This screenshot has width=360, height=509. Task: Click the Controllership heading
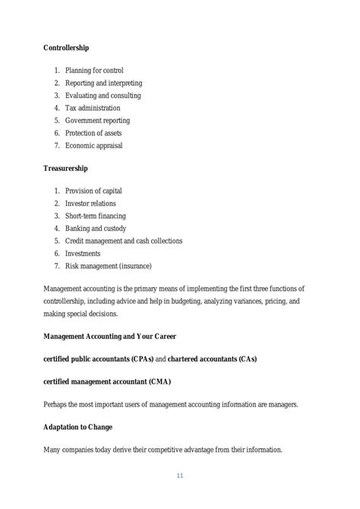pos(66,48)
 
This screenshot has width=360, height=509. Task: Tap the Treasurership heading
pos(66,169)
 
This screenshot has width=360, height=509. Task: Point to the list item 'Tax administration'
pos(93,108)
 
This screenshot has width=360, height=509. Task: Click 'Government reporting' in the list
pos(97,120)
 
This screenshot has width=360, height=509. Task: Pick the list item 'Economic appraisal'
pos(93,145)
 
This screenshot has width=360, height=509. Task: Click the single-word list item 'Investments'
pos(83,253)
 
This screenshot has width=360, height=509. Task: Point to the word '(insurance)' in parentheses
pos(134,266)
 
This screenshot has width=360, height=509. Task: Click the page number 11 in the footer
pos(180,476)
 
